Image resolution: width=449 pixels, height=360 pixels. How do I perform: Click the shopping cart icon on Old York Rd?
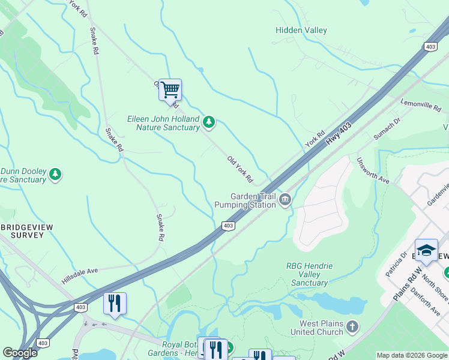[x=170, y=90]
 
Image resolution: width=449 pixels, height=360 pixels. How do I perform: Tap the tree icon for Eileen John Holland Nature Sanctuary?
[x=208, y=122]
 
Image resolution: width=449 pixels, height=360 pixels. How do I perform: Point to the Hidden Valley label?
[x=301, y=30]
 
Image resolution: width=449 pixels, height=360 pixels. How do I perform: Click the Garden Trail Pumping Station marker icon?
[x=285, y=200]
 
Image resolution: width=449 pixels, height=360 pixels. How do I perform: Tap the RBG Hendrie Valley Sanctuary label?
[x=309, y=274]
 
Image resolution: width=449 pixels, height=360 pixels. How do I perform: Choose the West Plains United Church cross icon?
[x=352, y=327]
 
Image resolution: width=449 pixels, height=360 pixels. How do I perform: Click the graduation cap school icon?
[x=426, y=250]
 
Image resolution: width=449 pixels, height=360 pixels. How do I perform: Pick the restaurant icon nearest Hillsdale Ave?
[x=115, y=303]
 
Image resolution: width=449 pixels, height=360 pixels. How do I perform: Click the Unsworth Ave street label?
[x=373, y=171]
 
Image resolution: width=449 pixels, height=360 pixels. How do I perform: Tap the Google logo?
[x=20, y=352]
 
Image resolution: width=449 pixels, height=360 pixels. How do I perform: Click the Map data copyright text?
[x=411, y=355]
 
